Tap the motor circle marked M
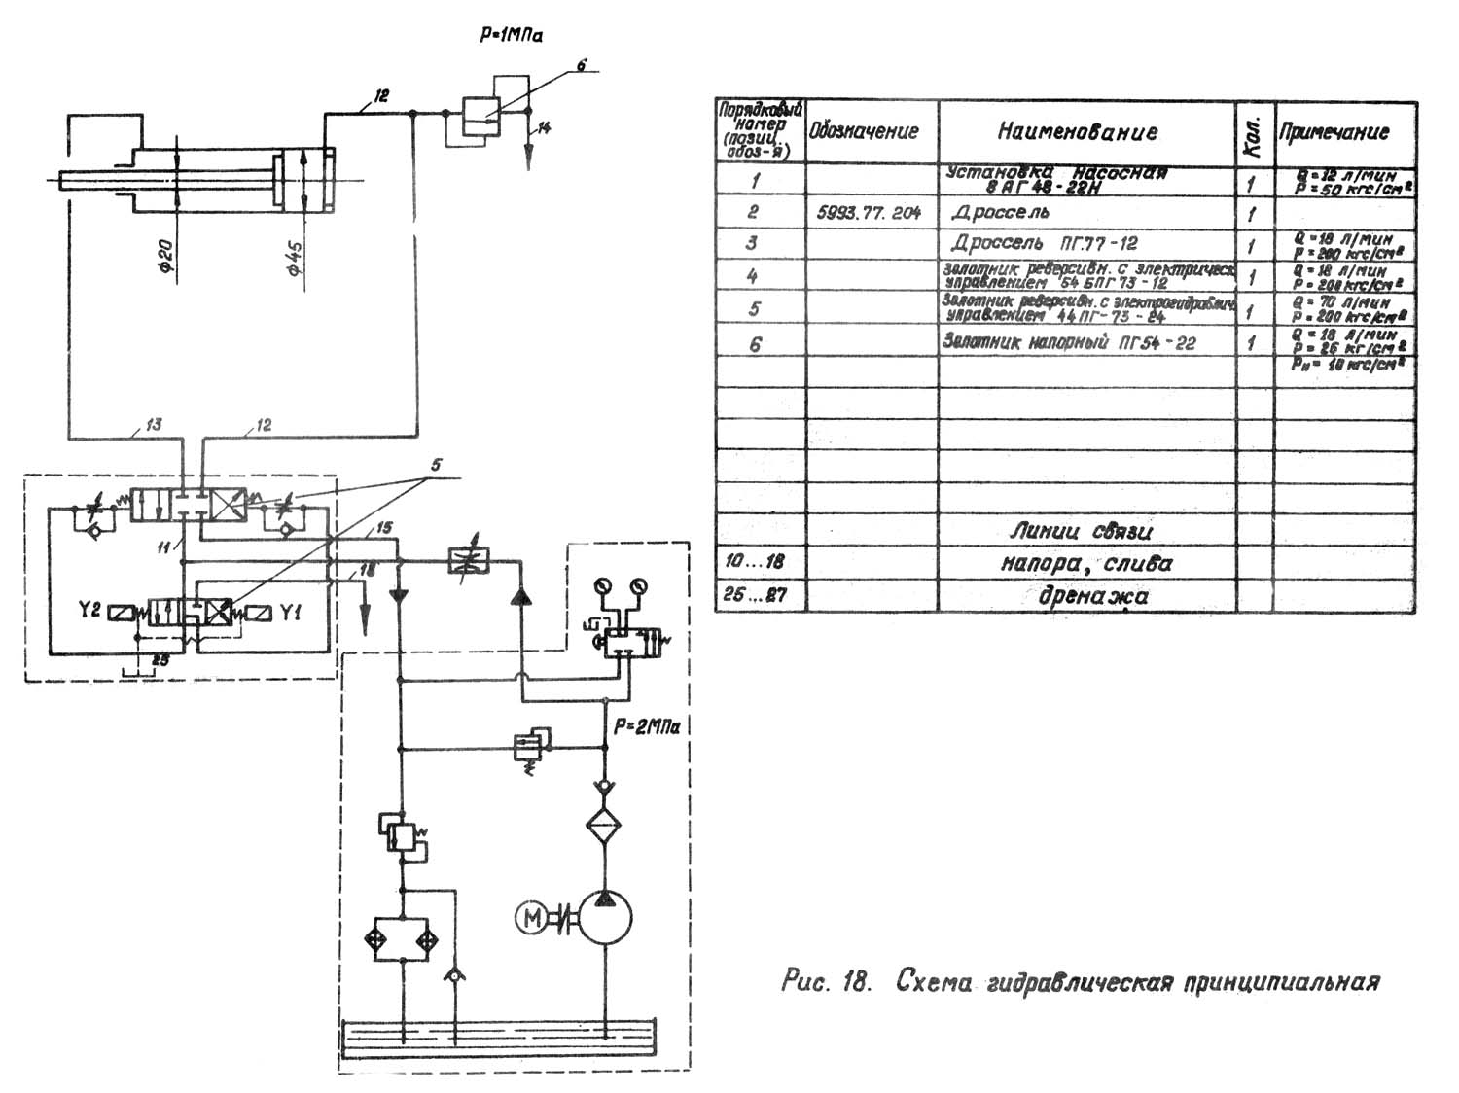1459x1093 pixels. click(x=531, y=917)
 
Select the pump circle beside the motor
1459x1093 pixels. click(x=604, y=918)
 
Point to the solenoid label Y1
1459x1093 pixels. click(x=291, y=612)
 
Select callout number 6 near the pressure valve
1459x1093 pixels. click(x=581, y=66)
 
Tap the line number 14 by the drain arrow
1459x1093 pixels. click(x=544, y=126)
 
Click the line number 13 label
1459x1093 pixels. click(x=153, y=424)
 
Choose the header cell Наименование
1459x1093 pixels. click(x=1077, y=131)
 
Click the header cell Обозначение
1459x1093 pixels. click(x=864, y=131)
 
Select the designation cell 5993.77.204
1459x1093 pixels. click(x=869, y=212)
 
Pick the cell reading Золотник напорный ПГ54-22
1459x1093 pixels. click(x=1069, y=342)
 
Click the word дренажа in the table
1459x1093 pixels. click(x=1092, y=596)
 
